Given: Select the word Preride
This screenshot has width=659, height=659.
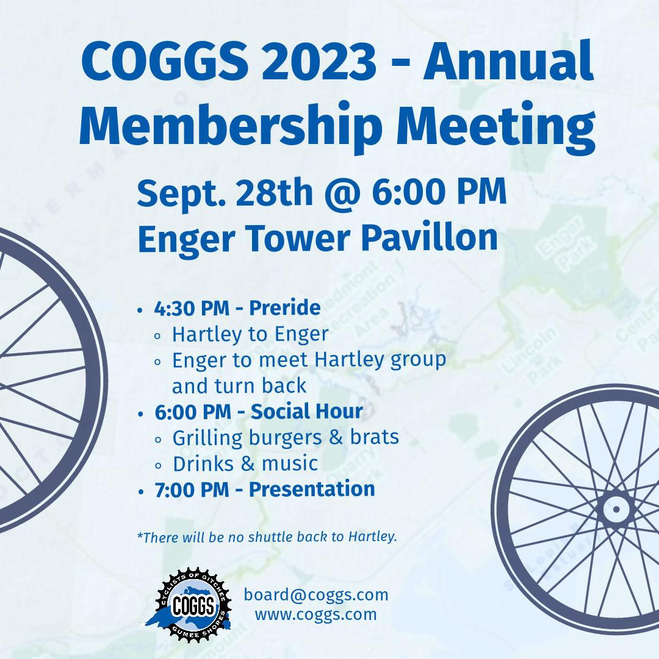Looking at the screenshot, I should coord(284,308).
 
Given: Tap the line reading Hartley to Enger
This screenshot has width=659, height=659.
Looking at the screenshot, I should coord(250,334).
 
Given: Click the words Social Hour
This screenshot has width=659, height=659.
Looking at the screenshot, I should coord(306,412).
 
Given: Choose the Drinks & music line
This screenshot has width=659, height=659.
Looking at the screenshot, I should coord(245,464).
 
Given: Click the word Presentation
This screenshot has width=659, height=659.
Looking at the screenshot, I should coord(312,489).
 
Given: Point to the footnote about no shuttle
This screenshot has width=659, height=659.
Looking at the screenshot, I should coord(267,538).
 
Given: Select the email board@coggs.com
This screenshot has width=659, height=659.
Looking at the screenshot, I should coord(316,594).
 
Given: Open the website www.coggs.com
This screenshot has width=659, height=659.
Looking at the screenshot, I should coord(316,614).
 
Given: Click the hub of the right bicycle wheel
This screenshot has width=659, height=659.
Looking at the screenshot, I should coord(616,508).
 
